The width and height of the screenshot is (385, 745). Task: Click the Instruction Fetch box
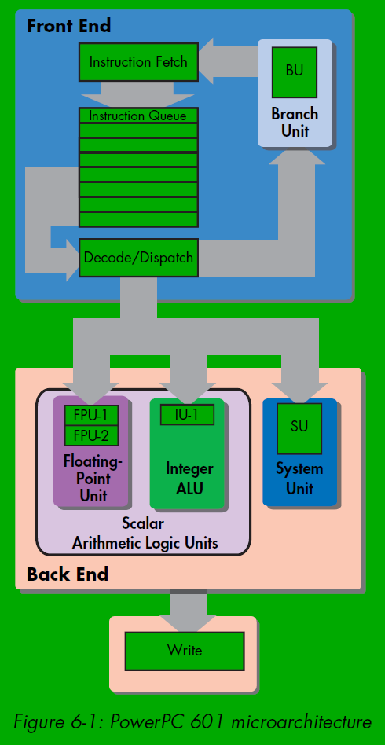pos(138,62)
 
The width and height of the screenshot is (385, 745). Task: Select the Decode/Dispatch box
pos(138,258)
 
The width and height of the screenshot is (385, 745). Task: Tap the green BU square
pos(294,72)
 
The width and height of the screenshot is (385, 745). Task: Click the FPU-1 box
pos(91,416)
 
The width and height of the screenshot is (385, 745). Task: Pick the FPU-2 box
pos(91,435)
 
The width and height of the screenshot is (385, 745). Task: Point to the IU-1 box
pos(187,415)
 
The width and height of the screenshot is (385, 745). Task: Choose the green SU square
pos(299,428)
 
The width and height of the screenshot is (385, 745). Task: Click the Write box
pos(185,651)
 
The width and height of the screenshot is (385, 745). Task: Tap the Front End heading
pos(69,26)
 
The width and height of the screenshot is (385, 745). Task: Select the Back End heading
pos(68,574)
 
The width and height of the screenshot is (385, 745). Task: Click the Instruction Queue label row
pos(138,116)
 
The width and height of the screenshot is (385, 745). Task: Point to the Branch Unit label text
pos(295,122)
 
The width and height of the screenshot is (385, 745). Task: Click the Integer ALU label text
pos(189,479)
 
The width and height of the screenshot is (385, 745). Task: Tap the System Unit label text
pos(299,479)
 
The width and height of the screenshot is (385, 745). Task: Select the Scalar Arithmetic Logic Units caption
pos(145,533)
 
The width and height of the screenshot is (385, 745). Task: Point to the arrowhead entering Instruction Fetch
pos(207,61)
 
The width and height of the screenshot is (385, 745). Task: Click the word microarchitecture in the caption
pos(302,722)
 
